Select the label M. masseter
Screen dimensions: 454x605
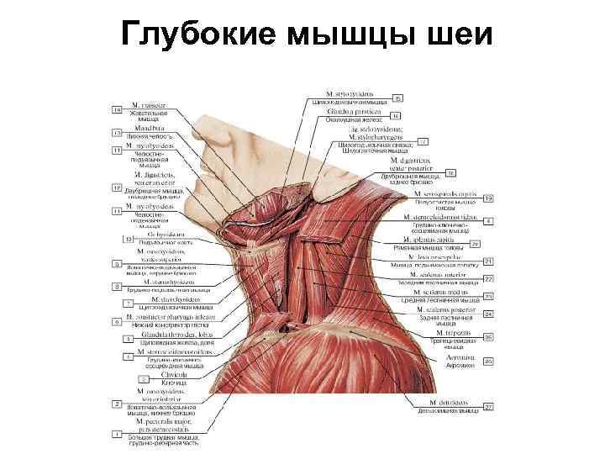click(x=145, y=107)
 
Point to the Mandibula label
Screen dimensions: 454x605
click(x=139, y=129)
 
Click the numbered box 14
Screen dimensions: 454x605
click(x=117, y=109)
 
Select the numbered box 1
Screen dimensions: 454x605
click(x=117, y=434)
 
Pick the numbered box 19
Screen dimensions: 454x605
click(x=488, y=198)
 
